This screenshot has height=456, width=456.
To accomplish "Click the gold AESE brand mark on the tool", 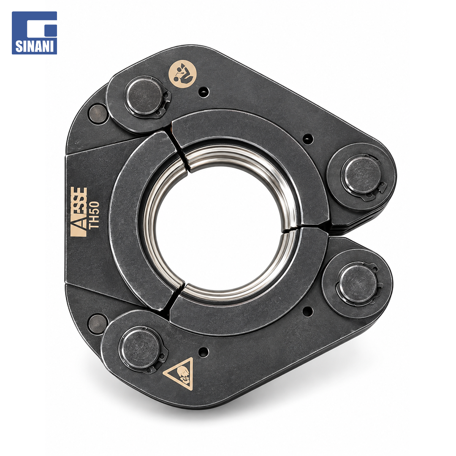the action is (x=79, y=212).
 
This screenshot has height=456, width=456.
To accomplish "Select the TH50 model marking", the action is (x=95, y=216).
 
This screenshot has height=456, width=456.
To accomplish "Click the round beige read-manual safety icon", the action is (x=183, y=73).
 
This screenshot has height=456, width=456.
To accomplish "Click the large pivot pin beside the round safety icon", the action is (x=144, y=96).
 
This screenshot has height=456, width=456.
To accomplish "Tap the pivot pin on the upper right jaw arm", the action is (x=361, y=174).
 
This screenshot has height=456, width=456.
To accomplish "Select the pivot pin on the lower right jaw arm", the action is (x=357, y=283).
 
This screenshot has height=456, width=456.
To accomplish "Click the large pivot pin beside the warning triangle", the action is (x=141, y=348).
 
